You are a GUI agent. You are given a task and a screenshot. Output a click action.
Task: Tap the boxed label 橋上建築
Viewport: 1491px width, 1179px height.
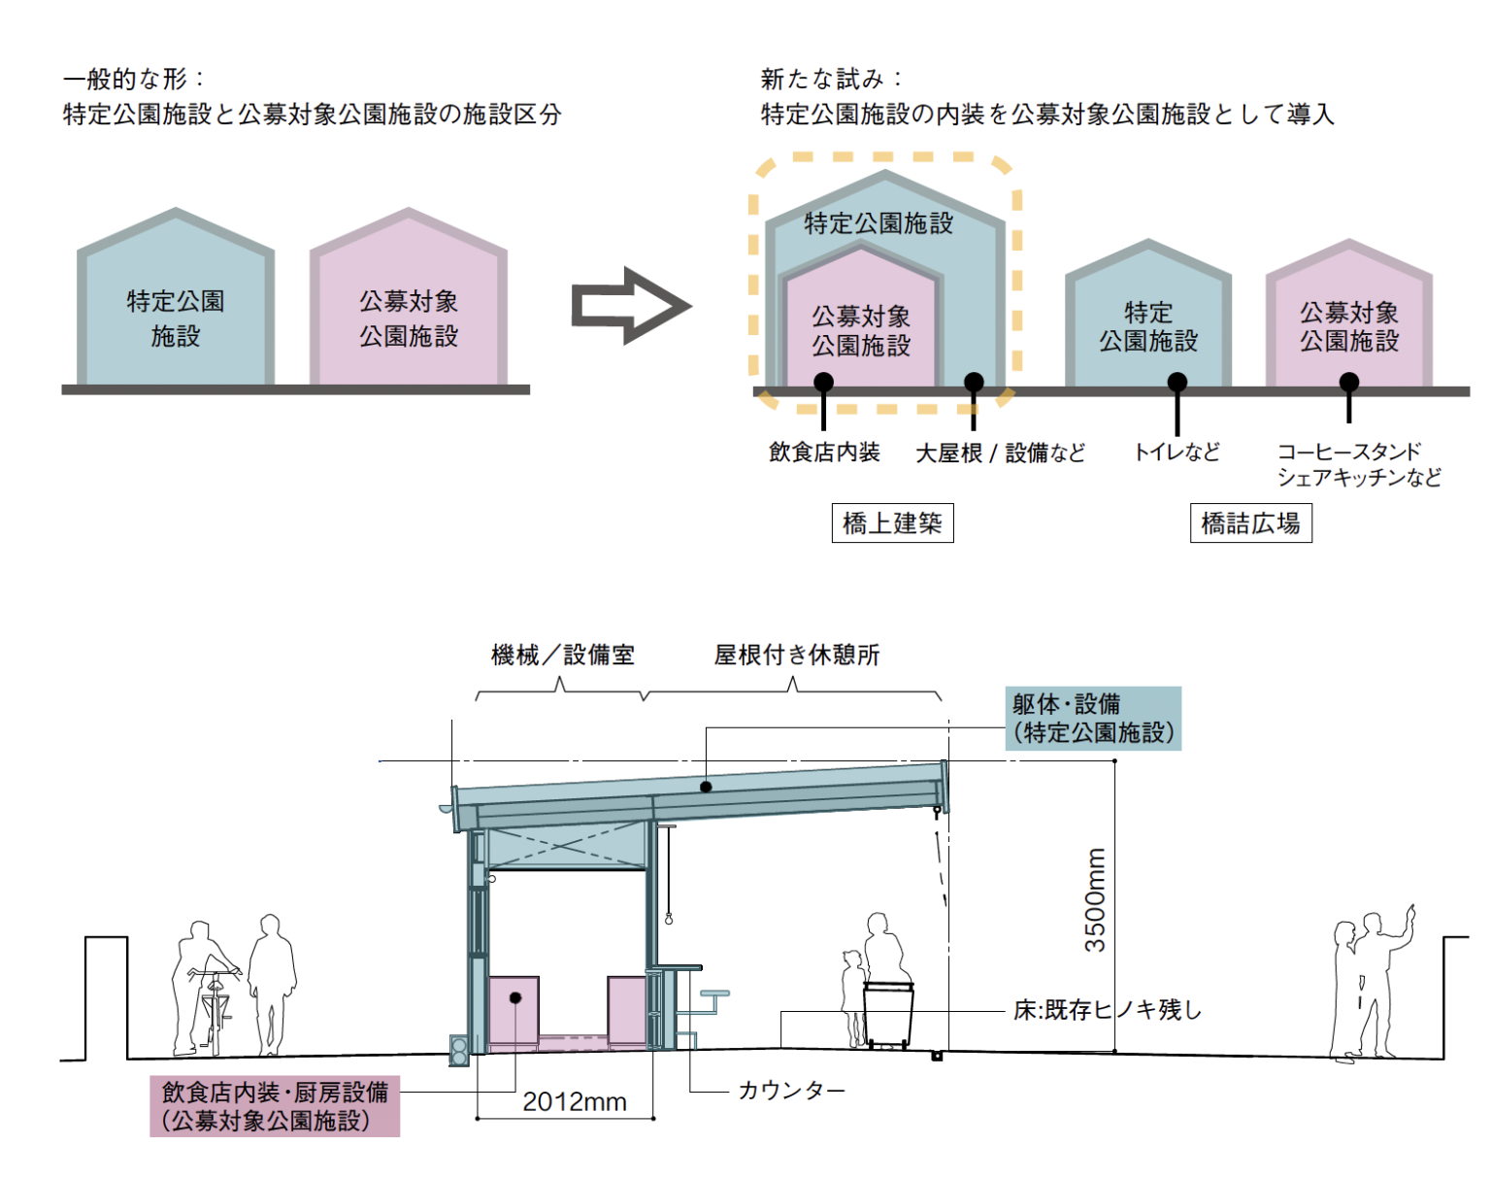[892, 523]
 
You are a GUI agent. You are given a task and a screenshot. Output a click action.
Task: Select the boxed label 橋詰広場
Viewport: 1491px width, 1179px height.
[1250, 523]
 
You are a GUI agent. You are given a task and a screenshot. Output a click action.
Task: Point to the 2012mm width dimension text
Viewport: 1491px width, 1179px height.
[575, 1102]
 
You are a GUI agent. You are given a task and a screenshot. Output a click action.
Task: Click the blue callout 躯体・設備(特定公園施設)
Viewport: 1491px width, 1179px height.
[1093, 719]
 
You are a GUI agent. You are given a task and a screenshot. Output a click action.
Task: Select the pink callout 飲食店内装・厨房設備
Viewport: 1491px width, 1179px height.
[275, 1106]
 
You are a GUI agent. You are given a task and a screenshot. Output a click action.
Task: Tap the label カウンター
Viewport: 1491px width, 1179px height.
[791, 1091]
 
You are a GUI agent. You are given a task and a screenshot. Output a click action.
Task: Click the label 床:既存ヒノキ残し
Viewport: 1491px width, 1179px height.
[1108, 1010]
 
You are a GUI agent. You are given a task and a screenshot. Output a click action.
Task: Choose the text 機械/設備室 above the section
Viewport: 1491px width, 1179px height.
[563, 656]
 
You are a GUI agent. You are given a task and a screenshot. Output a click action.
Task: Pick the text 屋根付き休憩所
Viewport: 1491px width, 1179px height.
[797, 656]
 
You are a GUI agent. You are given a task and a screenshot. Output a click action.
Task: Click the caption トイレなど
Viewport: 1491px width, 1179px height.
[1176, 452]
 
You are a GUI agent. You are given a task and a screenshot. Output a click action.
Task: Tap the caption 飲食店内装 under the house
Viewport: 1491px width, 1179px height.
[824, 452]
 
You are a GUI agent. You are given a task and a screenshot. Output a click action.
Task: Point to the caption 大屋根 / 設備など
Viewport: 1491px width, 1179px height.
[1000, 453]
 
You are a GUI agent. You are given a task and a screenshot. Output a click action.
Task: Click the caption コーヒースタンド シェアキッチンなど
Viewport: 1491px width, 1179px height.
[1358, 464]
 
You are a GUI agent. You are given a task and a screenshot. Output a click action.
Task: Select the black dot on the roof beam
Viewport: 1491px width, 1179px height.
[706, 787]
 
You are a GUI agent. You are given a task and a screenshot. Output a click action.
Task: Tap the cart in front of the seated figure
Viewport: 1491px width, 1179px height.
[889, 1015]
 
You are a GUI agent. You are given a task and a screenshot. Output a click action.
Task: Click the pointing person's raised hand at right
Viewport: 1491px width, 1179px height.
[1409, 913]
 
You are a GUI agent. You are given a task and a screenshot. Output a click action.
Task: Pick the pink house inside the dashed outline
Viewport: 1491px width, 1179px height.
[861, 320]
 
